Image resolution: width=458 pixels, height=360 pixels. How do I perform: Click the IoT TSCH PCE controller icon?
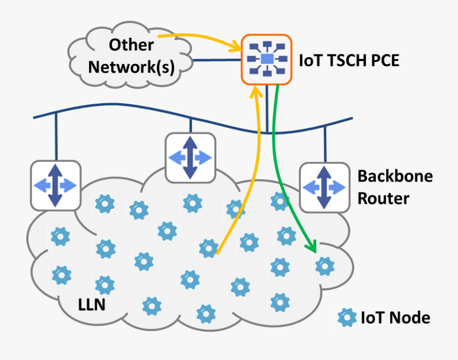click(x=266, y=59)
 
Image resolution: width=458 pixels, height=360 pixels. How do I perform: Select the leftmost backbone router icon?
click(x=55, y=185)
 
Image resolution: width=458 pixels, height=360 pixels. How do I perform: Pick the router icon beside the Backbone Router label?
click(x=324, y=187)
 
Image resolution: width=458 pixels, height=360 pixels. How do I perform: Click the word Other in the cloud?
click(x=131, y=45)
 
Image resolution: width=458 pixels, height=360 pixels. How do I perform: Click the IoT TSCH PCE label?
click(x=349, y=61)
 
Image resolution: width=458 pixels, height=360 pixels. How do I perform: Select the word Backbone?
click(x=395, y=176)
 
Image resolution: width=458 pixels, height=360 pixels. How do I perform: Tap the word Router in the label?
click(x=383, y=198)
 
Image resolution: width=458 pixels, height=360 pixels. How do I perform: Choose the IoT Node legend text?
click(x=395, y=318)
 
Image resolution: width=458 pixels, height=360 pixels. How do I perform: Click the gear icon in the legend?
click(x=347, y=318)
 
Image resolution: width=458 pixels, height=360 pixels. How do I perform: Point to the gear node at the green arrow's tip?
click(x=324, y=265)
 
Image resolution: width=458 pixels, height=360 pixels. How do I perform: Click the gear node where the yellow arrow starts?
click(x=209, y=248)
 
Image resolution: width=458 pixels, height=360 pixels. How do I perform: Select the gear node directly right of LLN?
click(x=152, y=306)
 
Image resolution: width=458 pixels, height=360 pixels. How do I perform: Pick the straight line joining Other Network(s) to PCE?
click(x=216, y=61)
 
